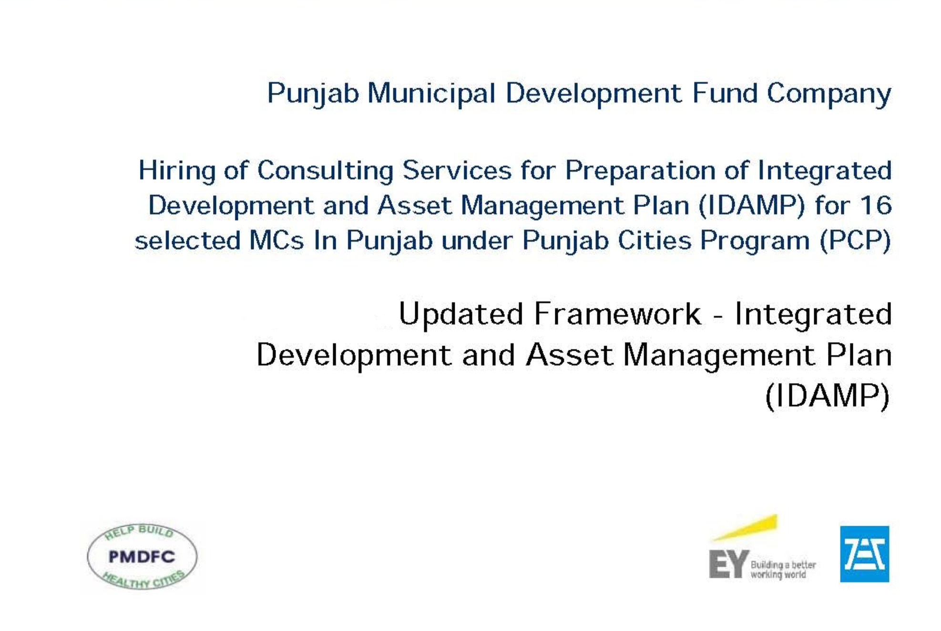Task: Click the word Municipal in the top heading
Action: (x=431, y=93)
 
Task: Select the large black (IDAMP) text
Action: (x=828, y=396)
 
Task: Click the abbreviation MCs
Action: (x=276, y=240)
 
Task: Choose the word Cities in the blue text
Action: (x=654, y=240)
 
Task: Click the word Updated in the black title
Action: (x=461, y=315)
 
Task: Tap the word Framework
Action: (x=618, y=314)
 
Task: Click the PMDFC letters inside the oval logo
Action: (x=142, y=557)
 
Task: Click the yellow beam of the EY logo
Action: (x=744, y=528)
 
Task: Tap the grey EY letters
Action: (x=728, y=564)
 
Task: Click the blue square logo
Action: (x=864, y=554)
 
